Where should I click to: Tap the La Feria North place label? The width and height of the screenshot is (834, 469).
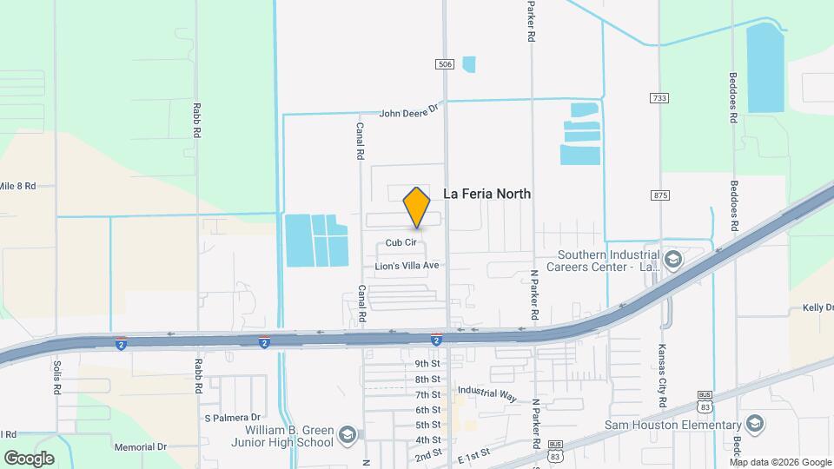[x=486, y=195]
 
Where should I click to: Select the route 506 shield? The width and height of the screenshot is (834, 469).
[x=445, y=64]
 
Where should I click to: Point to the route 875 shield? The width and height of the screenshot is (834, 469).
[x=660, y=195]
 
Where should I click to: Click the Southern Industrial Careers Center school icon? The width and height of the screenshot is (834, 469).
[x=672, y=259]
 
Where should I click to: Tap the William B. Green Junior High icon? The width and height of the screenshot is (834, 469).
[x=347, y=435]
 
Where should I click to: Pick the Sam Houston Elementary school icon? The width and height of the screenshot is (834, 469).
[x=754, y=424]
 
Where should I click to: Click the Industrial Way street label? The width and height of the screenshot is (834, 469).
[x=486, y=393]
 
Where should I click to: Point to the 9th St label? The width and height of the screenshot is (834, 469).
[x=427, y=364]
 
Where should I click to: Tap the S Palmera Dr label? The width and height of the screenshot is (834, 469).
[x=232, y=418]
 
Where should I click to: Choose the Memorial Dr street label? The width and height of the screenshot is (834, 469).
[x=140, y=447]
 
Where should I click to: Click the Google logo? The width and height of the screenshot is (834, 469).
[x=29, y=458]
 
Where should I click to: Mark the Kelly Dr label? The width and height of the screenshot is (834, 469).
[x=817, y=307]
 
